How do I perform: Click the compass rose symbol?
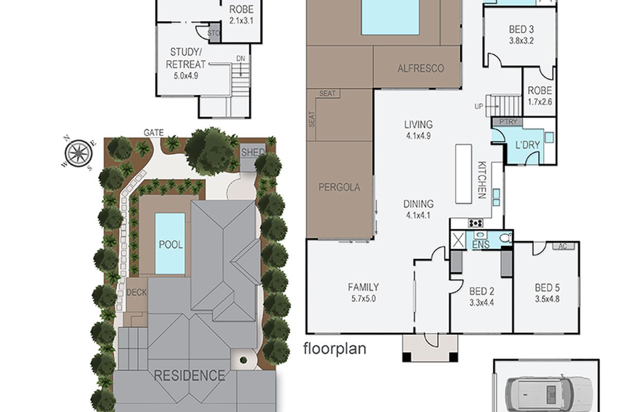(79, 153)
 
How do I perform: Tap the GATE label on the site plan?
(154, 132)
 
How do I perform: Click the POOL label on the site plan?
(170, 245)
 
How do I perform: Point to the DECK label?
(137, 293)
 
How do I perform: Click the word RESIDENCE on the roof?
(189, 375)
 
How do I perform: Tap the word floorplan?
(335, 349)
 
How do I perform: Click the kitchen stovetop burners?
(476, 223)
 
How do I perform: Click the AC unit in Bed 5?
(563, 246)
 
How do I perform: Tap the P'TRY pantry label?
(508, 122)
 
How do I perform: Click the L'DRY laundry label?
(528, 145)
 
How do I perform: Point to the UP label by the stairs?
(479, 107)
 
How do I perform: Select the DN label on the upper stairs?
(241, 59)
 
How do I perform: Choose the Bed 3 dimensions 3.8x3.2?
(522, 41)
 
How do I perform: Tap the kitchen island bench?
(463, 174)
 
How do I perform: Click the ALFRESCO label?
(421, 68)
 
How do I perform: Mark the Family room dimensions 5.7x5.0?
(364, 299)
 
